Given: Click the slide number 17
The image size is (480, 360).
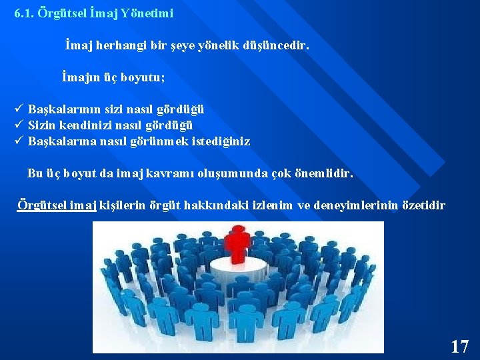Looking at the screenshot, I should [x=459, y=347].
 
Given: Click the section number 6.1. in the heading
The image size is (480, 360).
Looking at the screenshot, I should [x=24, y=13].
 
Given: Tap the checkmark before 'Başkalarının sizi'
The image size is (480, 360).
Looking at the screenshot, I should [x=19, y=109].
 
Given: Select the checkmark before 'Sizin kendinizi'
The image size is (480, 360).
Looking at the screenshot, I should [x=19, y=125].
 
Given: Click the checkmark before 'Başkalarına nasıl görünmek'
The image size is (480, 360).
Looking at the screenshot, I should [x=19, y=141].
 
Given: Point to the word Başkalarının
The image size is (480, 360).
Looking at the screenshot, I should [x=60, y=109].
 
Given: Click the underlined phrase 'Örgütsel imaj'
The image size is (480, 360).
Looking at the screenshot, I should [x=57, y=205].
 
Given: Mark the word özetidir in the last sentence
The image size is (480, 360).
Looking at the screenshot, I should [x=425, y=205].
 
